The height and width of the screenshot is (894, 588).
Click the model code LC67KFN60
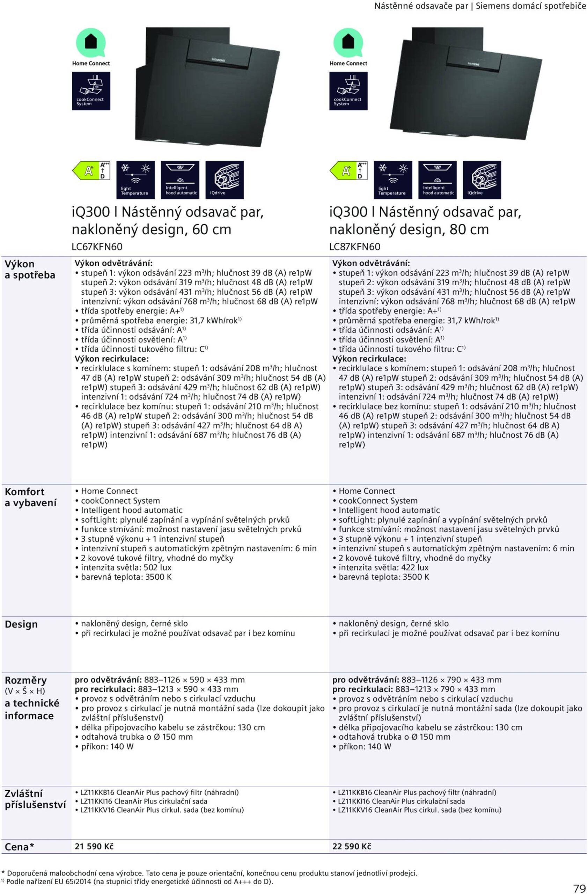pos(97,247)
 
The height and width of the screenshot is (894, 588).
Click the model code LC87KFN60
pos(354,247)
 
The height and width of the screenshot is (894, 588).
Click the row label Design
pos(21,625)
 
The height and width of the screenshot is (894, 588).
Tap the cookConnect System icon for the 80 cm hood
pos(348,91)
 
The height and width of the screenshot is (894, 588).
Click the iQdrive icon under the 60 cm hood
pos(225,180)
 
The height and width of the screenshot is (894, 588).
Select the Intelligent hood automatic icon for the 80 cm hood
pos(438,180)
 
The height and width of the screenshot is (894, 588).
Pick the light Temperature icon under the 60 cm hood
pos(135,180)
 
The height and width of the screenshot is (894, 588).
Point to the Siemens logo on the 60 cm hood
pos(218,60)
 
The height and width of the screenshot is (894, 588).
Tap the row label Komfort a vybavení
pos(30,497)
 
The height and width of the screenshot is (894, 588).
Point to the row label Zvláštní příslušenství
pos(35,799)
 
